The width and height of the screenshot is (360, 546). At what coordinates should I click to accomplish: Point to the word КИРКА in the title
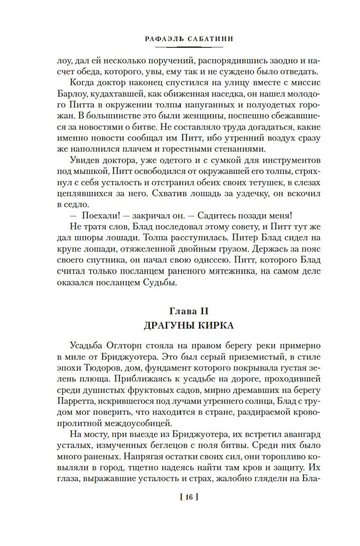click(216, 326)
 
